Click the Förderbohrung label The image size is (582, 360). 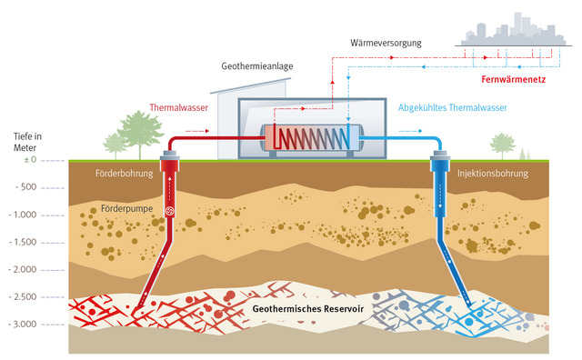125,173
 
